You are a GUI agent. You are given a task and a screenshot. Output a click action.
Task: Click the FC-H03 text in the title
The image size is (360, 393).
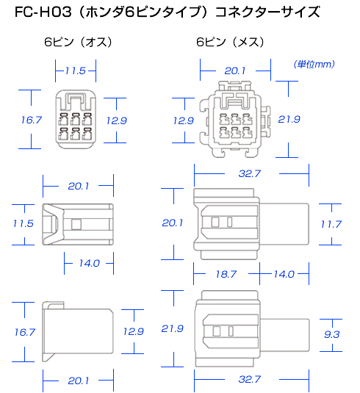point(43,12)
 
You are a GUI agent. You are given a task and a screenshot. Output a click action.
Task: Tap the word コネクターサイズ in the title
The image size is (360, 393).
point(267,12)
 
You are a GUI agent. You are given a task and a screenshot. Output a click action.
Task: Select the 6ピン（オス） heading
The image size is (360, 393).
point(78,42)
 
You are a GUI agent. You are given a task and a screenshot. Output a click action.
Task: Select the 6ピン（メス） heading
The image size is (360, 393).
point(230,42)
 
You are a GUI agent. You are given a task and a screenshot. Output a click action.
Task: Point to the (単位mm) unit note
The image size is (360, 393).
point(314,65)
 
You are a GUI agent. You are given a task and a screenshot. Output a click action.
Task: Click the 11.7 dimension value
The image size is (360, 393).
point(331,224)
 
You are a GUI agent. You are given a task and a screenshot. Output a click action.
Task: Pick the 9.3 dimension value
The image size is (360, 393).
point(331,334)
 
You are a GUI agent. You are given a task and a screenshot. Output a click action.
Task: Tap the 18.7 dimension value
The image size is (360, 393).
point(226,274)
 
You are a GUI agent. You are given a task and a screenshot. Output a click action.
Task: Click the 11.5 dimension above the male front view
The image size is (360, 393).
point(76,71)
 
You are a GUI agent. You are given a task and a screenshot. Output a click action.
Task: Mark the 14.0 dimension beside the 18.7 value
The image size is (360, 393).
point(284,274)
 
